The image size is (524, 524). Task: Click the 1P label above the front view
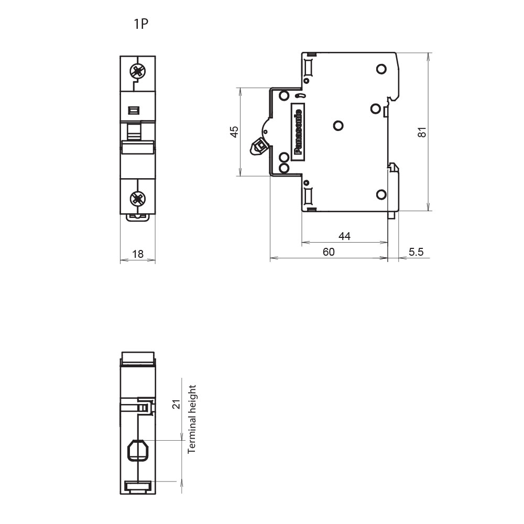click(140, 24)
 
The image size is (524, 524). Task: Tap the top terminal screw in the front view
click(138, 71)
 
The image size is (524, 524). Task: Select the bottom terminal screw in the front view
click(138, 199)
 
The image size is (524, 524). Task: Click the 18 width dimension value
click(138, 254)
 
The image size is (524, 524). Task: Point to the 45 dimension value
click(234, 132)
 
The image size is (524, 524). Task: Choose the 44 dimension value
click(345, 236)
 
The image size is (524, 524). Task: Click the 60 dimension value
click(329, 252)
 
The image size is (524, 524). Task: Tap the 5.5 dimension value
click(416, 252)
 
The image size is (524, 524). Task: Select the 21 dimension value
click(176, 404)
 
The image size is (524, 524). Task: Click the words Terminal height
click(192, 419)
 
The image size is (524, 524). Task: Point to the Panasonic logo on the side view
click(298, 132)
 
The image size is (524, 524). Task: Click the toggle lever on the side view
click(259, 147)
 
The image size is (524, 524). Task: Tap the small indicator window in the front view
click(134, 110)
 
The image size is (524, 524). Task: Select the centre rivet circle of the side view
click(338, 126)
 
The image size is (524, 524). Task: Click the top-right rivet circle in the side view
click(381, 69)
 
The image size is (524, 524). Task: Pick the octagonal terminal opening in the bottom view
click(138, 450)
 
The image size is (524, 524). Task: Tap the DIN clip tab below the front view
click(138, 217)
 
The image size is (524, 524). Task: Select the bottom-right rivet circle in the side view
click(381, 194)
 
